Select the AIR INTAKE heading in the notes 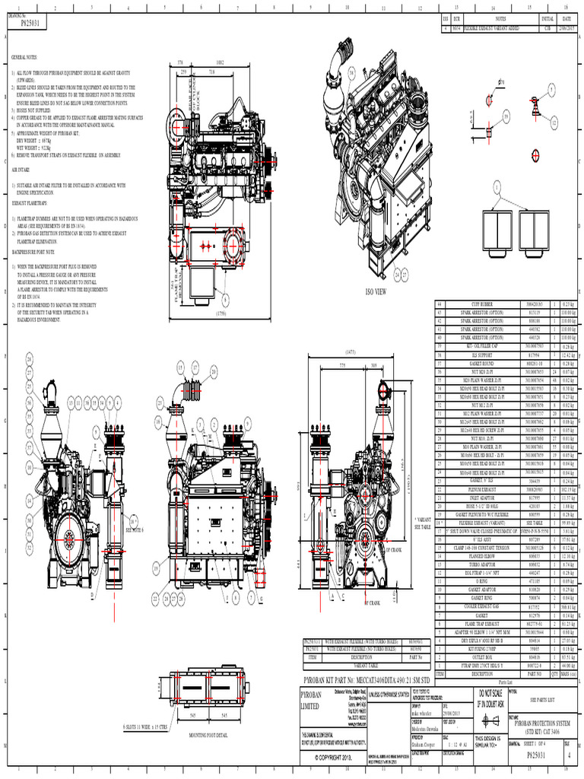[21, 170]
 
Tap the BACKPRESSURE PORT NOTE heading [34, 250]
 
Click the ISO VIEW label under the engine [376, 291]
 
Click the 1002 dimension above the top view [219, 62]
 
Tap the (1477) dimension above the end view [351, 352]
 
